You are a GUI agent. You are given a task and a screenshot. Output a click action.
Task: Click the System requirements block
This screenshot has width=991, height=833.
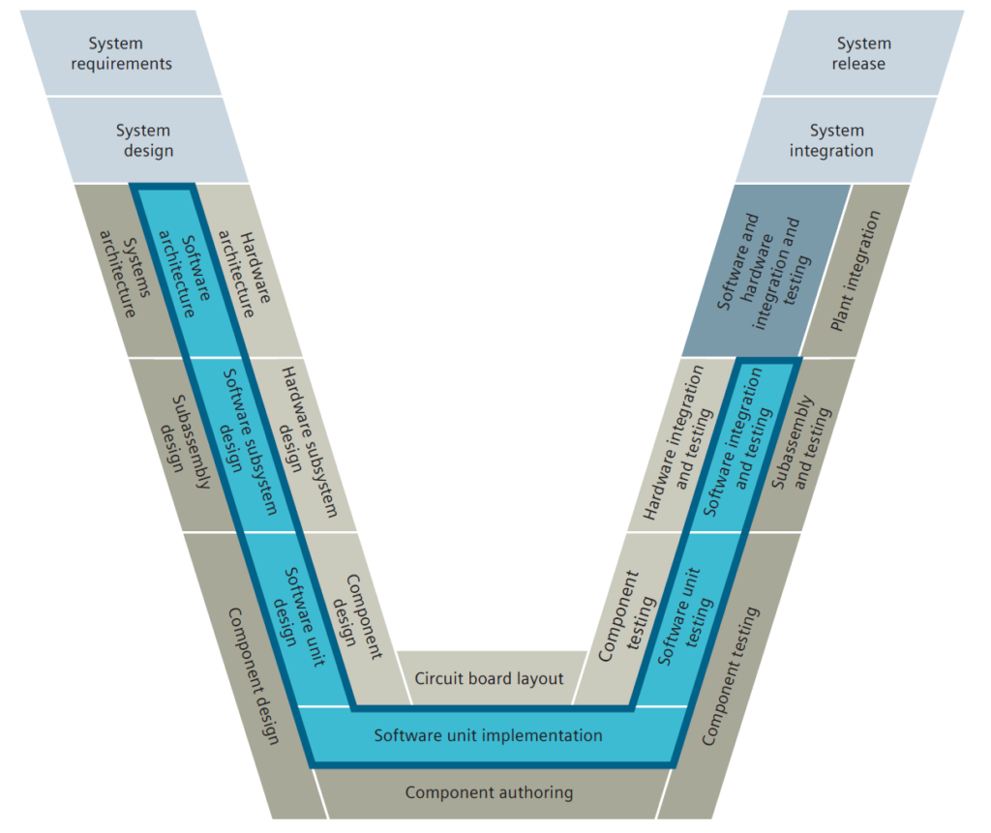tap(121, 53)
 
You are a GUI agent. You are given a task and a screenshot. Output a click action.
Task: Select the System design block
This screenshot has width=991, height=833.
tap(145, 139)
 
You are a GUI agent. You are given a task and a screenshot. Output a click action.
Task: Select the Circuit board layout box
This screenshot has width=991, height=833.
tap(489, 678)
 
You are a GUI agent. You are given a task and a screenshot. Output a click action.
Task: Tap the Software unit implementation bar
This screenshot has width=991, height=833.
tap(489, 736)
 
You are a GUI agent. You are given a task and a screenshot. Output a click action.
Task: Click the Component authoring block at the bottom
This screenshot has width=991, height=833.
tap(489, 793)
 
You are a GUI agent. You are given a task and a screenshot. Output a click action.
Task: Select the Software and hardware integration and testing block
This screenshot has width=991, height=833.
tap(760, 271)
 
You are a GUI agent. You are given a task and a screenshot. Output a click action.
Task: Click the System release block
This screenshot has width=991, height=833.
tap(862, 53)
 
